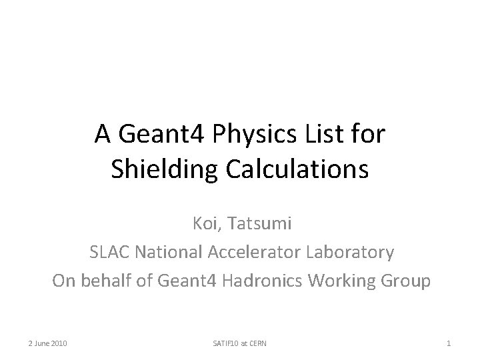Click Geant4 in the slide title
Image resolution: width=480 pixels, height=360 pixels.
165,135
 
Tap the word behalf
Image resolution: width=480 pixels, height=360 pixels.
109,281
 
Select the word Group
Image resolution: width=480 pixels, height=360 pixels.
409,281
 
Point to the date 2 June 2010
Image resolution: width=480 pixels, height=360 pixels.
47,343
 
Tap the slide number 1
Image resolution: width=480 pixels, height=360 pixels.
449,343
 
